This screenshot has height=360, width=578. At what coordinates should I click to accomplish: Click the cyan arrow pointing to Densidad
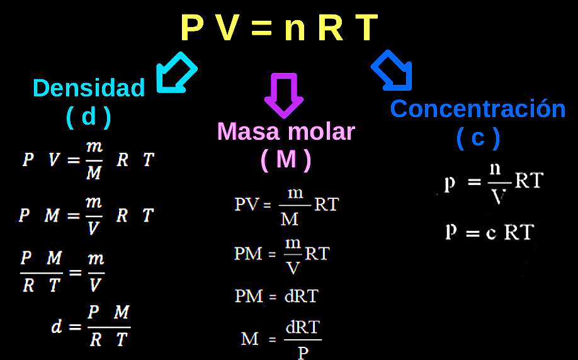[176, 73]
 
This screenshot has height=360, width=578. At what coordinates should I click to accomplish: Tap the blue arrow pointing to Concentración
[392, 70]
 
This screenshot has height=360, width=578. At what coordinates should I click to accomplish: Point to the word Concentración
[478, 109]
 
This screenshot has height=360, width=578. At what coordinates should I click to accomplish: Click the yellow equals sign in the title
[261, 28]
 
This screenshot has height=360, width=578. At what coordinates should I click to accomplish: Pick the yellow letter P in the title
[191, 27]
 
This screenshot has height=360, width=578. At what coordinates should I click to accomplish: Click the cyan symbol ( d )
[89, 117]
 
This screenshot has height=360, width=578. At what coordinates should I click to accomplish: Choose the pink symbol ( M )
[286, 159]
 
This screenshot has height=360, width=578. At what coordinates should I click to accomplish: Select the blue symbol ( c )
[478, 138]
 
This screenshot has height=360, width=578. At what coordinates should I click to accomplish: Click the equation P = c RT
[489, 232]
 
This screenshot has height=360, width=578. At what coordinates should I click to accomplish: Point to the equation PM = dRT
[276, 296]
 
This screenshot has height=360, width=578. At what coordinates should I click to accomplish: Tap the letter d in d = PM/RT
[57, 326]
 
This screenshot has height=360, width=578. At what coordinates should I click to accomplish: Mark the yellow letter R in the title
[331, 27]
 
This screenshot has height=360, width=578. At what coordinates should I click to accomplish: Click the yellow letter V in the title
[227, 27]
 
